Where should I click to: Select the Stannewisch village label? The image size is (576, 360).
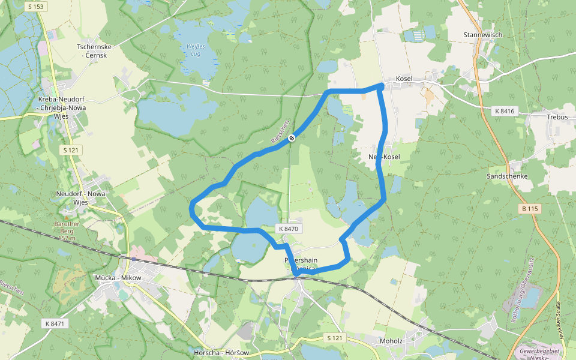(x=482, y=35)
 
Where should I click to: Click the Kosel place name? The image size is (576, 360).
(x=404, y=79)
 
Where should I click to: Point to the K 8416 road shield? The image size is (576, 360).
(x=505, y=112)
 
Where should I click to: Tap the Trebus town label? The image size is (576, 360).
(x=557, y=117)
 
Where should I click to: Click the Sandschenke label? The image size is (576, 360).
(x=507, y=176)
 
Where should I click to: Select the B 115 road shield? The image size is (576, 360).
(x=528, y=208)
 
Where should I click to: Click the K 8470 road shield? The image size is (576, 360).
(x=287, y=229)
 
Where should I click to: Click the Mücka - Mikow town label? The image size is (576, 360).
(x=118, y=278)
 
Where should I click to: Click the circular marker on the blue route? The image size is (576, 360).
(x=292, y=138)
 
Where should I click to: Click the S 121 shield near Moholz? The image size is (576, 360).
(x=336, y=338)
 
